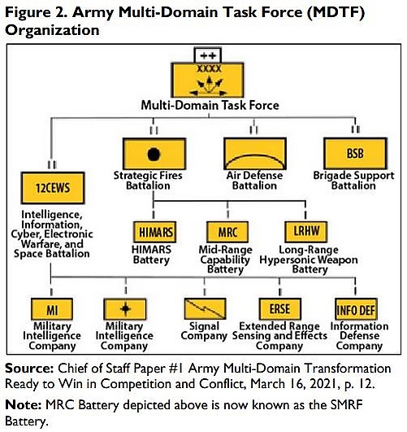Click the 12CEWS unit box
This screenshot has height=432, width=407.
tap(53, 188)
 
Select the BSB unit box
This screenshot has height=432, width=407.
tap(355, 154)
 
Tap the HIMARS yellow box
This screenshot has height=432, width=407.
tap(154, 232)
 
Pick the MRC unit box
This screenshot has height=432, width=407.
tap(227, 232)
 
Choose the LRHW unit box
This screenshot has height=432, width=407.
tap(306, 231)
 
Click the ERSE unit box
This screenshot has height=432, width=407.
tap(280, 309)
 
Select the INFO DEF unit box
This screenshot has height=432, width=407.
tap(356, 309)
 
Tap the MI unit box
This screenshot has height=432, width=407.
tap(52, 309)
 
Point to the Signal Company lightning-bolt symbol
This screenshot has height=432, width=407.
tap(205, 309)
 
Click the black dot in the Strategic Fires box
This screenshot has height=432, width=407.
tap(154, 154)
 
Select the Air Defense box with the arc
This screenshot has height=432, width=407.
tap(255, 154)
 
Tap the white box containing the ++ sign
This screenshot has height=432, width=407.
tap(208, 55)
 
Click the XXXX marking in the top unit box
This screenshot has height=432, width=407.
tap(209, 68)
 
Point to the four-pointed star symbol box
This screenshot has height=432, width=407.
tap(124, 309)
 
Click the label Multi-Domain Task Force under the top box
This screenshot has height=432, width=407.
tap(210, 105)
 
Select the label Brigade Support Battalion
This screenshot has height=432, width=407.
tap(353, 181)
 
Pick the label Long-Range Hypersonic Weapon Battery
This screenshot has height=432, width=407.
tap(309, 260)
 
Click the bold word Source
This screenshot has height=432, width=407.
tap(29, 369)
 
